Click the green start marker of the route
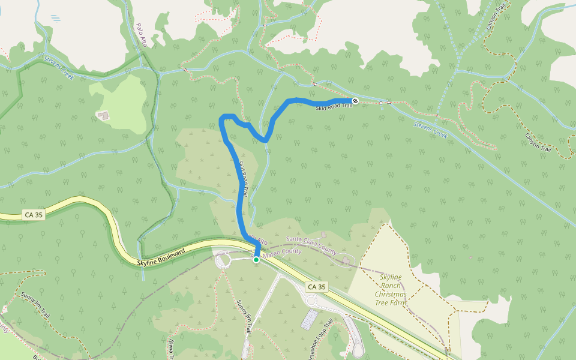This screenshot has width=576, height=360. pos(256,260)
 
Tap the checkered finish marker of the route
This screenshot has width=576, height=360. pos(355,101)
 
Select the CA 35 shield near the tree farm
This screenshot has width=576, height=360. pos(316,287)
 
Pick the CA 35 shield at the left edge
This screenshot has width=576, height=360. pos(34,214)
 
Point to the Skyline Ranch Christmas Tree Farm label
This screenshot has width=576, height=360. pos(391,290)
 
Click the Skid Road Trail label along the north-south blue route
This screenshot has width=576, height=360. pos(244,174)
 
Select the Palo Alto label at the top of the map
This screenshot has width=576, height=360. pos(142,35)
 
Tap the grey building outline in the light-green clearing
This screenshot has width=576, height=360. pos(103,114)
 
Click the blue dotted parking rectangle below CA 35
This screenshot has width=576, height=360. pos(310,319)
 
